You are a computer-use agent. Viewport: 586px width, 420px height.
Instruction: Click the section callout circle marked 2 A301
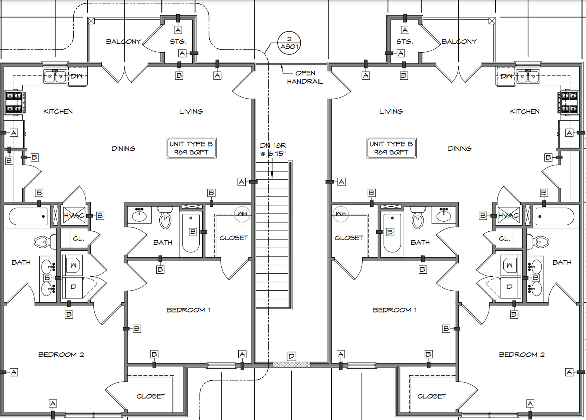point(289,43)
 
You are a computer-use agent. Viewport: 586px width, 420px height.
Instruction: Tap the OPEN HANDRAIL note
point(305,77)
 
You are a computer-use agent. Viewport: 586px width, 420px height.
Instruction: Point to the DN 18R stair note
point(273,149)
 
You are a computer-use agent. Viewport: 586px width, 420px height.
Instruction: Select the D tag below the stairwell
point(291,356)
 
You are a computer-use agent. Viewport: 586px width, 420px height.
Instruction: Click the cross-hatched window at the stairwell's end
point(291,365)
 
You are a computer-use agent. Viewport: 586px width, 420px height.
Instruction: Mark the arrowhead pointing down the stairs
point(272,175)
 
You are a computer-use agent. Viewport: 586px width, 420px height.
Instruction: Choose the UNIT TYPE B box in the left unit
point(191,148)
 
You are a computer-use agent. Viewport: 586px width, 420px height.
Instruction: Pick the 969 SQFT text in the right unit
point(391,152)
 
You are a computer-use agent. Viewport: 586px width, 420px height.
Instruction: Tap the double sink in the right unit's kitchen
point(528,76)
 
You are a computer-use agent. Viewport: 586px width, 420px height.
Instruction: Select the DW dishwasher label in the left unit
point(77,76)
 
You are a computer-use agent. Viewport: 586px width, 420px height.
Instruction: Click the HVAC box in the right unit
point(508,216)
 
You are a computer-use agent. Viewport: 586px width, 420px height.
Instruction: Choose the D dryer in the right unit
point(510,287)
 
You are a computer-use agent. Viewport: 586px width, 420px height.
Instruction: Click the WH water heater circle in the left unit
point(242,214)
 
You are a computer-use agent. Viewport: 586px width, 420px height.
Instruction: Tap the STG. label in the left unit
point(178,42)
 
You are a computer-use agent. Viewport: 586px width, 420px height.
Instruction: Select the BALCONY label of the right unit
point(459,42)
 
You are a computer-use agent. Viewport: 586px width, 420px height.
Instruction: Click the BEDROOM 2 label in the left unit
point(61,355)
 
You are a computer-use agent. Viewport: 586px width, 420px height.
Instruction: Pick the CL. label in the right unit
point(504,238)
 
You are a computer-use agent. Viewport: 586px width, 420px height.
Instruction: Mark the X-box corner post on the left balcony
point(91,21)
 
